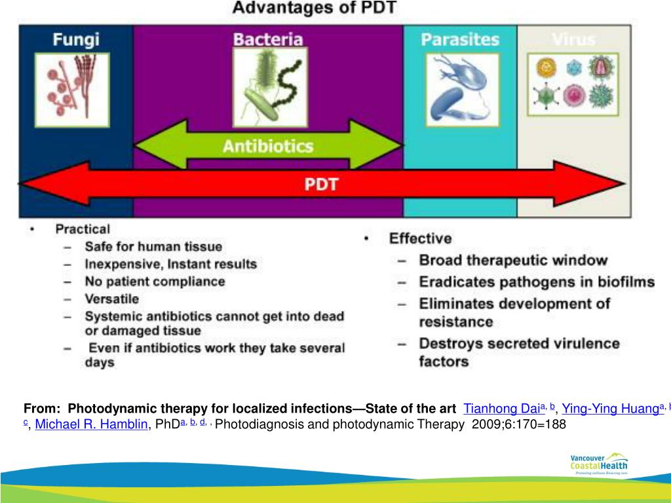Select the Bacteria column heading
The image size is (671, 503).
tap(268, 39)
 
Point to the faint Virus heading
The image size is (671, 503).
tap(573, 39)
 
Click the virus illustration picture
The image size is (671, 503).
tap(573, 83)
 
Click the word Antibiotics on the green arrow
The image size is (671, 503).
tap(268, 145)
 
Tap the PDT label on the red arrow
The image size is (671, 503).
tap(321, 184)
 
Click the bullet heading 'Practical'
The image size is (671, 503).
tap(83, 229)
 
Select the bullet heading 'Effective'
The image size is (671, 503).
tap(420, 238)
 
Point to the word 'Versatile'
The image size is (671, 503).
tap(111, 299)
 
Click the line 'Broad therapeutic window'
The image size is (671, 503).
tap(513, 260)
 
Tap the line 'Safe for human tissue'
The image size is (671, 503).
tap(153, 247)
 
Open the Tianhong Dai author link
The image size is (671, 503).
tap(501, 409)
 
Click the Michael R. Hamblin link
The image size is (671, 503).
tap(91, 424)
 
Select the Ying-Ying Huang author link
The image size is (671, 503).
tap(609, 409)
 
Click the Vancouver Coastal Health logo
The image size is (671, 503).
tap(598, 462)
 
